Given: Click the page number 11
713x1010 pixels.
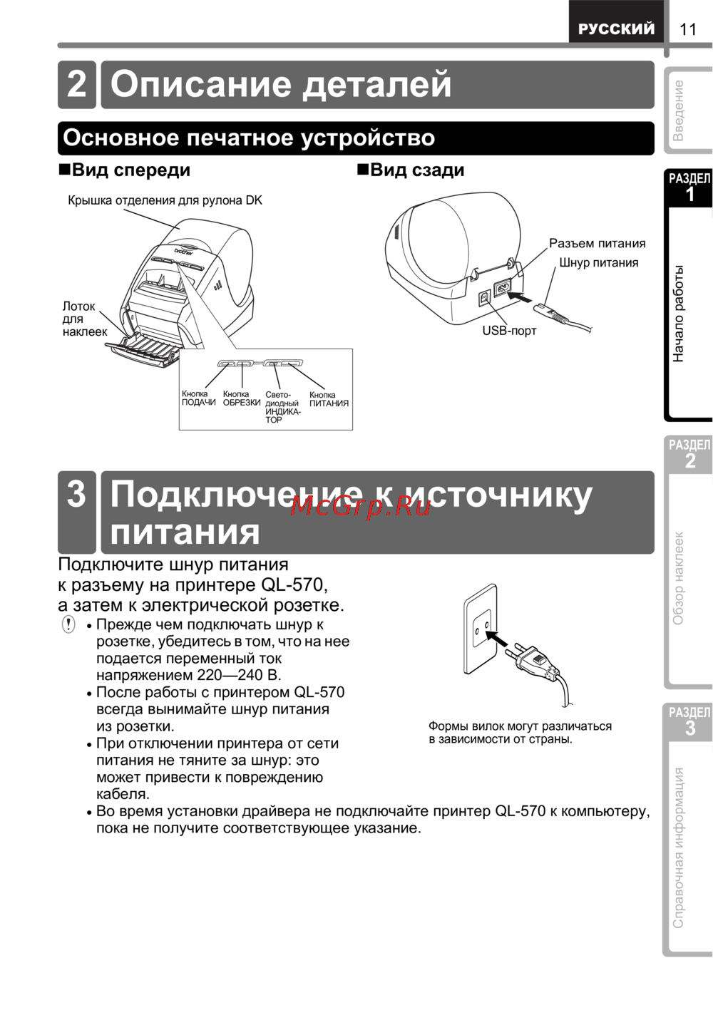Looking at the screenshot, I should coord(687,29).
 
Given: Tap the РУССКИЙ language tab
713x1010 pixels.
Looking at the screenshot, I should coord(616,29).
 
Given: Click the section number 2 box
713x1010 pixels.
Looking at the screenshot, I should coord(76,85).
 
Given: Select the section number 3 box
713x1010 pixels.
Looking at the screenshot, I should coord(76,511).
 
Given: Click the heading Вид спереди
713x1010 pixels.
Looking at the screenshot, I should coord(124,170).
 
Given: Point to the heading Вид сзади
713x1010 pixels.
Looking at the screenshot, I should coord(411,170).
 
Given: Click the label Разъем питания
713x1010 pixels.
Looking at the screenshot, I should coord(597,244).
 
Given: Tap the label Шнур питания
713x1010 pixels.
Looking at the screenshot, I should coord(598,263).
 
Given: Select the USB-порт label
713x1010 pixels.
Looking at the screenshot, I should coord(509,331).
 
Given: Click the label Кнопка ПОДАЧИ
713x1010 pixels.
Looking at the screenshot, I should coord(198,398).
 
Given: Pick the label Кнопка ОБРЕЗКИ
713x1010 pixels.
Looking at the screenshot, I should coord(241,398).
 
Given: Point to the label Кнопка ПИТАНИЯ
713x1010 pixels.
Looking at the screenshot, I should coord(329,399).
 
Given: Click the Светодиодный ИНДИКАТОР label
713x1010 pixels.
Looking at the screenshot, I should coord(282,408).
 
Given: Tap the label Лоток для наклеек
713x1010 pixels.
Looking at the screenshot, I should coord(84,319).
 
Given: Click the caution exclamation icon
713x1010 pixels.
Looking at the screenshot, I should coord(68,625).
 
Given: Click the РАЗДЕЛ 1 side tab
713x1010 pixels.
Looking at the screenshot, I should coord(689,187).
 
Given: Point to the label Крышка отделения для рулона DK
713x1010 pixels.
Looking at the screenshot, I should coord(165,200).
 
